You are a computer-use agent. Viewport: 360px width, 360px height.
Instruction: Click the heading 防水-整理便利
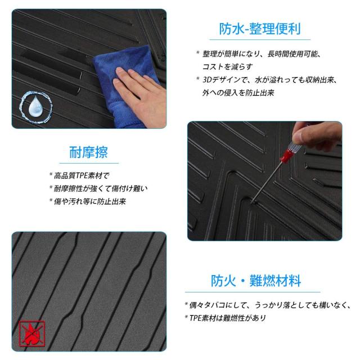[259, 29]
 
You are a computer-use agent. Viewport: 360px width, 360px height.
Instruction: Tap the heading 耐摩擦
[88, 152]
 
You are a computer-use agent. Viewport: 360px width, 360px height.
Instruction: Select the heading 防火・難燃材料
[256, 280]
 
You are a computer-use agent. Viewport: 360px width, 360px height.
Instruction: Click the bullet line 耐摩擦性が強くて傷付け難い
[101, 188]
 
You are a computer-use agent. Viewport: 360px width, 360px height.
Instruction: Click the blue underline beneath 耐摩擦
[88, 163]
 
